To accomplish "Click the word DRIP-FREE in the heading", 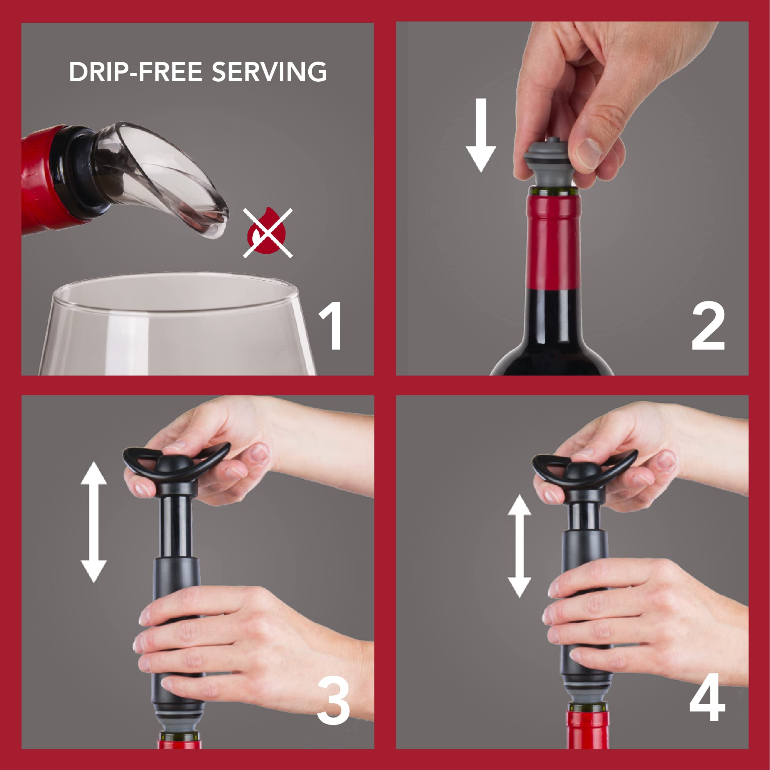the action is coord(135,72).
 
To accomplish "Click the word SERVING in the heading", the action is coord(269,72).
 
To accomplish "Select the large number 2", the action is coord(708,326).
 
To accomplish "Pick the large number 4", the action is coord(707,698).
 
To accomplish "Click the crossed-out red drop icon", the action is coord(267,233).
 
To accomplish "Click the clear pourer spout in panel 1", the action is coord(159,176).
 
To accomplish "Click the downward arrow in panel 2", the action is coord(481,135).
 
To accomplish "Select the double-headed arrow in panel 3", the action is coord(94,522).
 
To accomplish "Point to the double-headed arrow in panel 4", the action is coord(519,546).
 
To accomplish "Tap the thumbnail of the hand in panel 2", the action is coord(589,154).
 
